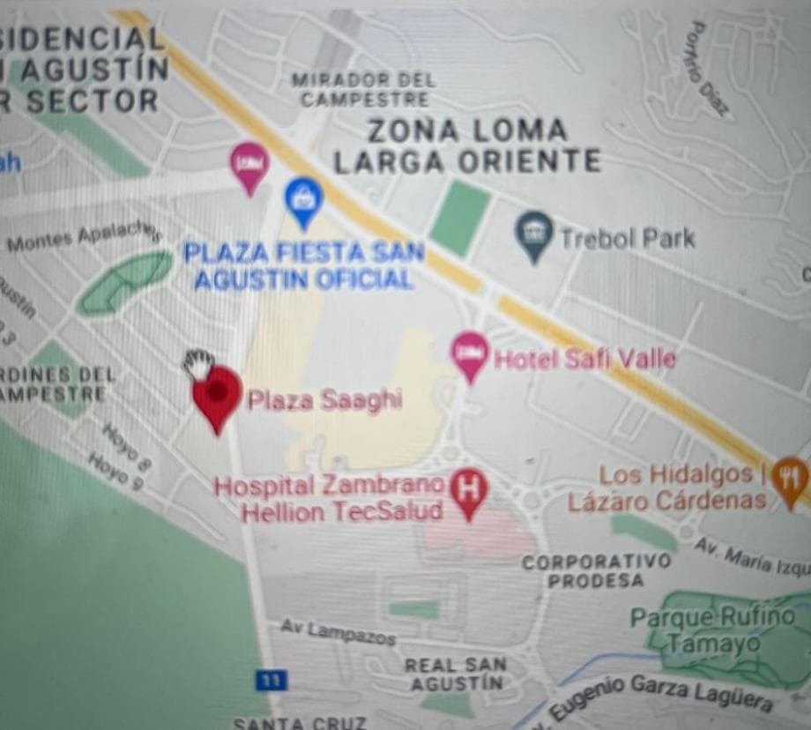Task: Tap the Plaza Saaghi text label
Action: pos(324,400)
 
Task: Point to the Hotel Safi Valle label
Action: pos(584,359)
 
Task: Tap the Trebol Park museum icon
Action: pos(533,234)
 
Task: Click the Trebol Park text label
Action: pos(627,238)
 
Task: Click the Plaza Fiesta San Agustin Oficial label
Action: pos(303,266)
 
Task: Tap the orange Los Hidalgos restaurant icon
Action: pos(790,477)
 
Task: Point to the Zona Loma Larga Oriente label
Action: pos(467,145)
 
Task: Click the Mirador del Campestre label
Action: pos(364,90)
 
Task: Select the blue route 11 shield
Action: pos(271,681)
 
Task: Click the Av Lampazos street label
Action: pos(338,632)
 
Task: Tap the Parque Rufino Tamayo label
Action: pos(712,629)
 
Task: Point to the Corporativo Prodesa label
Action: pos(596,570)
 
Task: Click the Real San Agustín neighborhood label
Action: pos(455,674)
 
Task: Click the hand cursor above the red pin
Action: pos(198,362)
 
